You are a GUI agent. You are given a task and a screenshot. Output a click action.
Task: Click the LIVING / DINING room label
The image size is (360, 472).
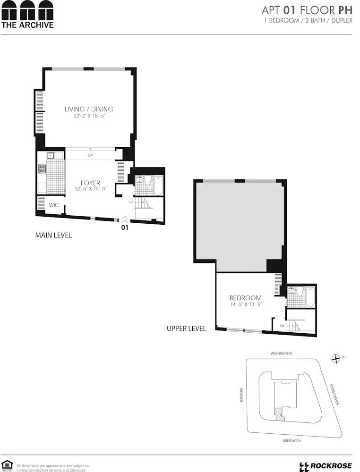click(89, 109)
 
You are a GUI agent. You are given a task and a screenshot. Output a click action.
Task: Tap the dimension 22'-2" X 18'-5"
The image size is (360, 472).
click(89, 116)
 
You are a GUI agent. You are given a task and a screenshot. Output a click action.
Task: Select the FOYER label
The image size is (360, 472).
click(90, 183)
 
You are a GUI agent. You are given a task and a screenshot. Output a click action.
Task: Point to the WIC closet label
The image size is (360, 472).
click(54, 205)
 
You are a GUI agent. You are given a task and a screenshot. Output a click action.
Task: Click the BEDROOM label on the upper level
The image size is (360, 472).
click(245, 298)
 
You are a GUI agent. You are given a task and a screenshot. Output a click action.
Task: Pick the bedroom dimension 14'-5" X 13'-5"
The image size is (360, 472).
click(245, 305)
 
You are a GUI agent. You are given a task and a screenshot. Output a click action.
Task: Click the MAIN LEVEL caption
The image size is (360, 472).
click(53, 235)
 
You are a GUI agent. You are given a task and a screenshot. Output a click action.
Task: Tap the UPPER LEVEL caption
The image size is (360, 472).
click(186, 329)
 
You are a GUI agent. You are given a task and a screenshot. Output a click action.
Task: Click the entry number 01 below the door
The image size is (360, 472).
click(125, 227)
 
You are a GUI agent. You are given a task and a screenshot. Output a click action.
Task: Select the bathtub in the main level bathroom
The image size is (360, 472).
click(158, 185)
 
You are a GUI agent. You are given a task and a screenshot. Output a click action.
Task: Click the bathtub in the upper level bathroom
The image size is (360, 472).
click(309, 297)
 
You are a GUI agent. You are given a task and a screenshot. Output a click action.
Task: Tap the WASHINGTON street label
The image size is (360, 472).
click(281, 354)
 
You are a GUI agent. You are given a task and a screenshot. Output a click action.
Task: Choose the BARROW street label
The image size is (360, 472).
click(242, 395)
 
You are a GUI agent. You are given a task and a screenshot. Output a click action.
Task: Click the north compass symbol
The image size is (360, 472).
click(336, 359)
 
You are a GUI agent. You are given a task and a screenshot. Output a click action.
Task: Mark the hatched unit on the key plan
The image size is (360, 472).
click(279, 415)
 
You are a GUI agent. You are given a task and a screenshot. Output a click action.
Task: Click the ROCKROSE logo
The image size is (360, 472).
click(326, 466)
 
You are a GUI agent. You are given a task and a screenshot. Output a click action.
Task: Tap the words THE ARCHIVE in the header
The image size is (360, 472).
click(27, 25)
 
